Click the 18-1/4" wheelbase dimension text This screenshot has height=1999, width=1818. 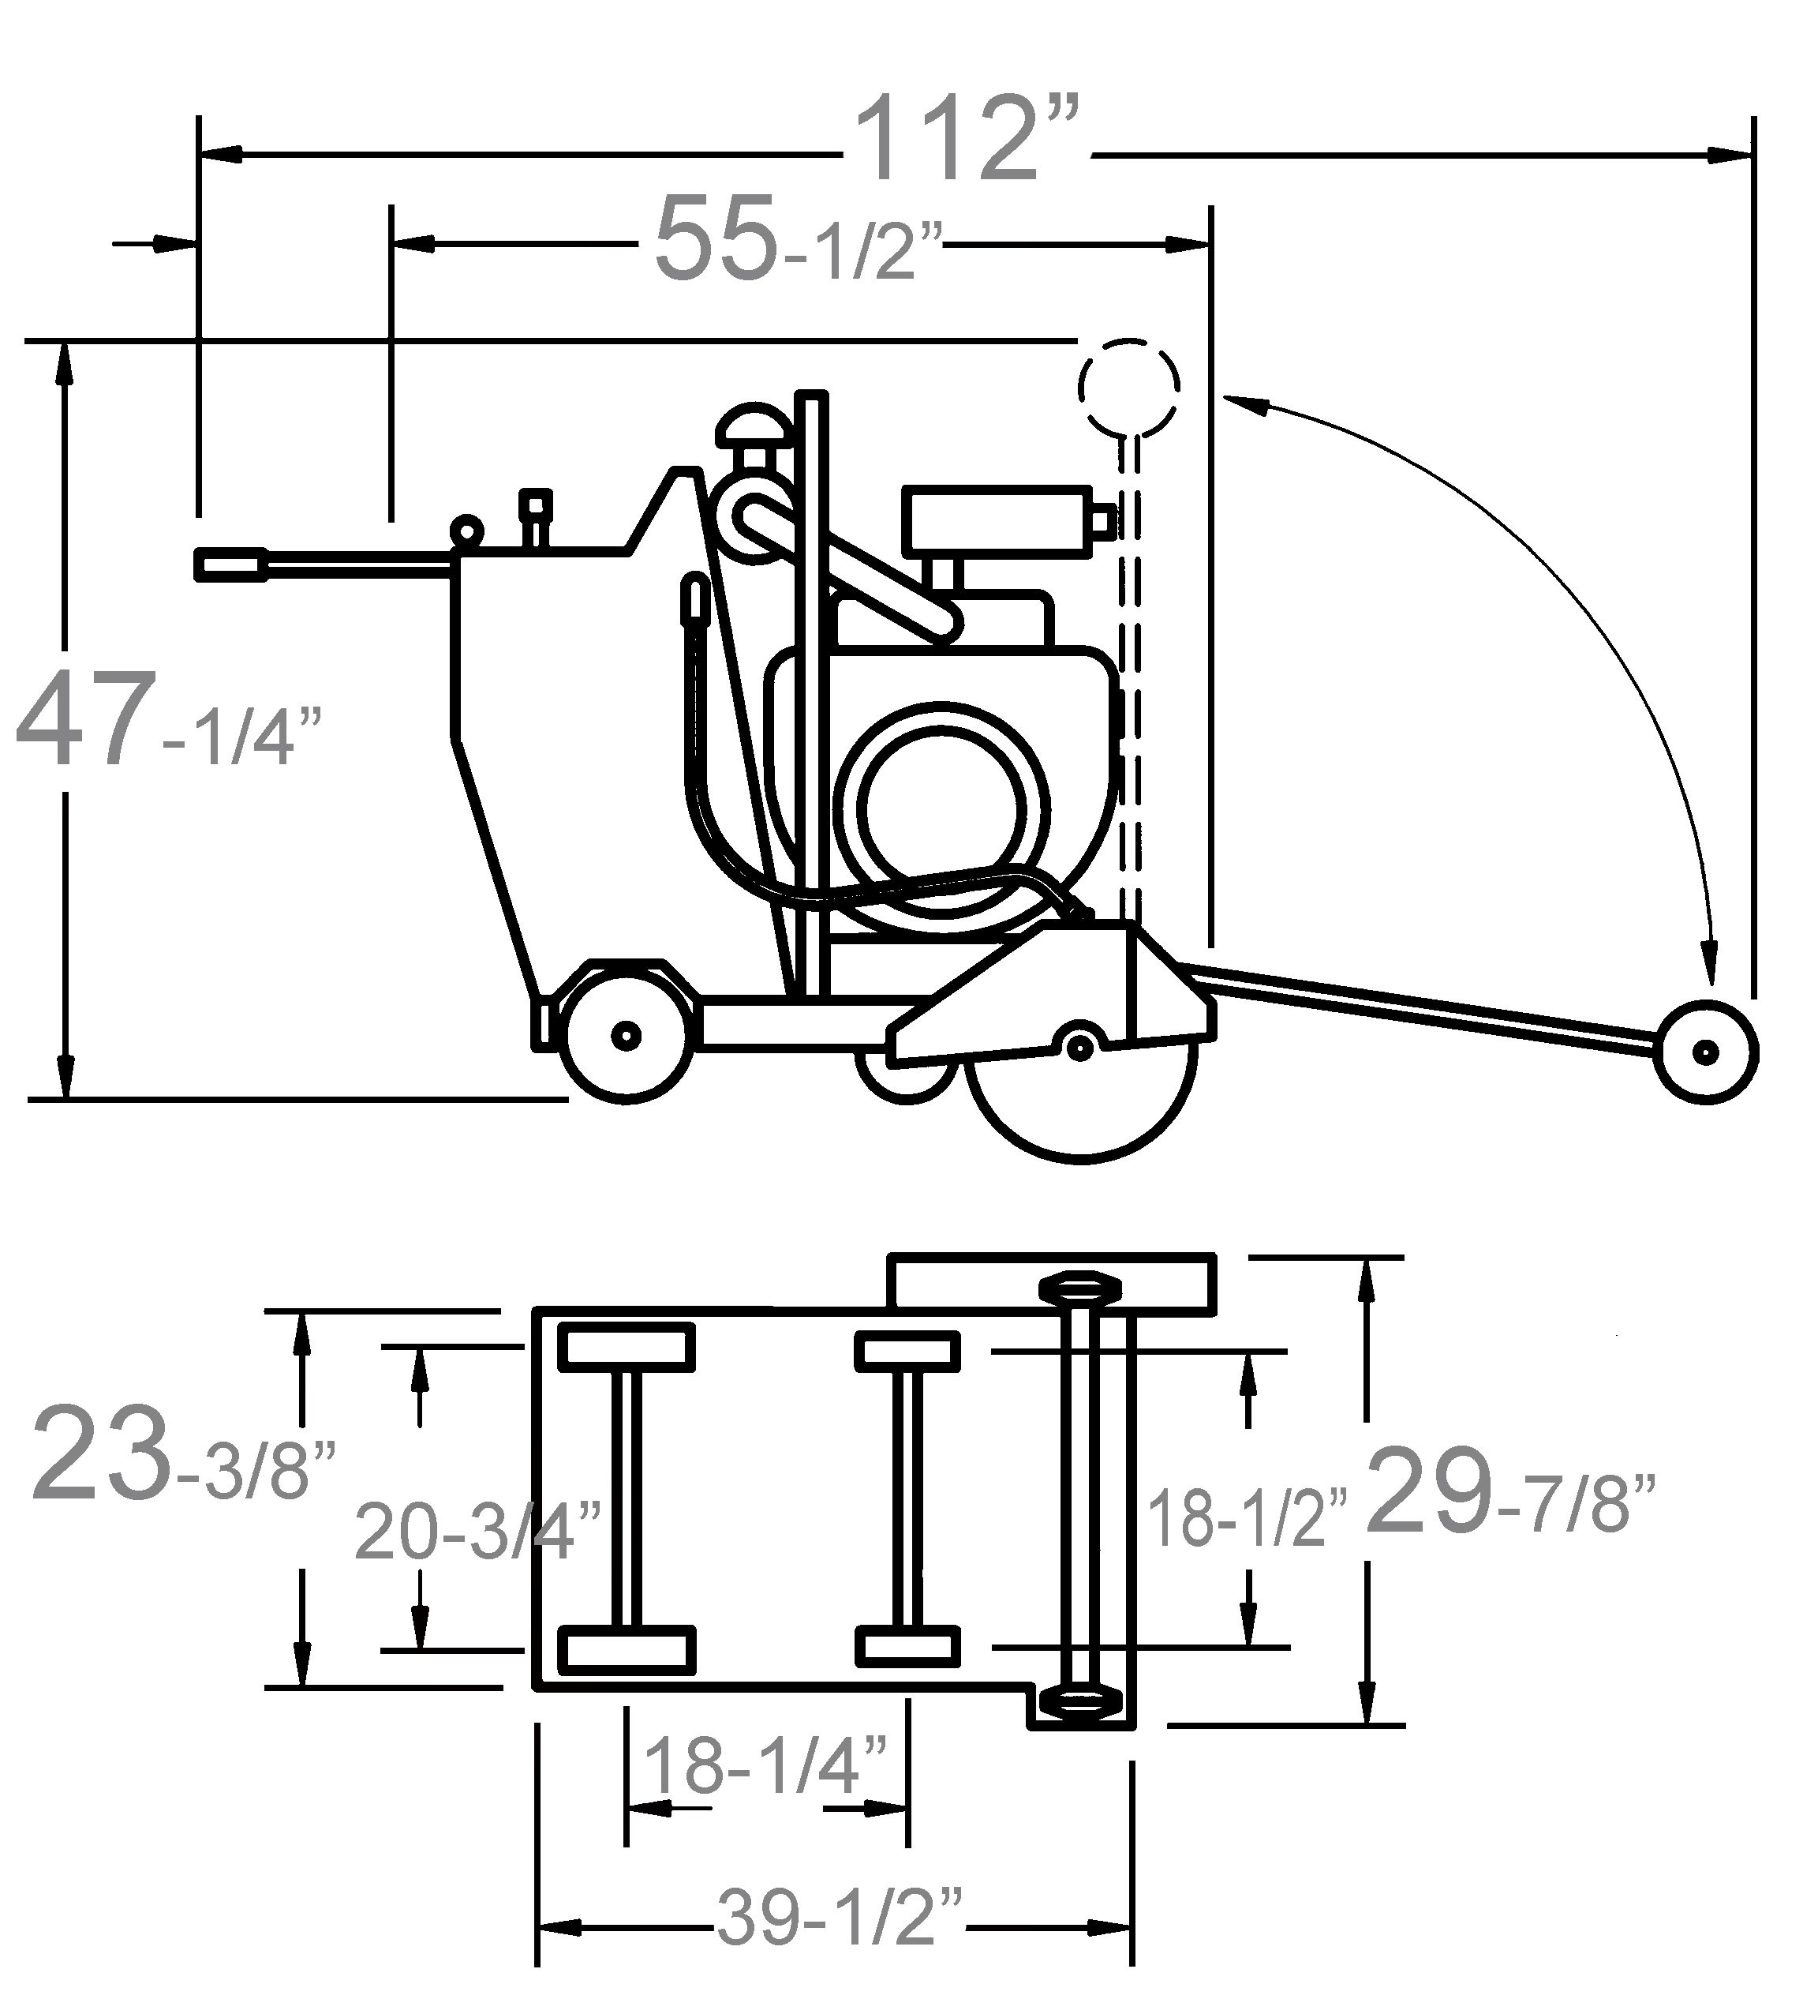765,1765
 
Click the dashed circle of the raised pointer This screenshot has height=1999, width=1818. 1129,386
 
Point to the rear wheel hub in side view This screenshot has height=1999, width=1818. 626,1036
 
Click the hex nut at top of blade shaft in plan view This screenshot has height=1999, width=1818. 1079,1286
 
